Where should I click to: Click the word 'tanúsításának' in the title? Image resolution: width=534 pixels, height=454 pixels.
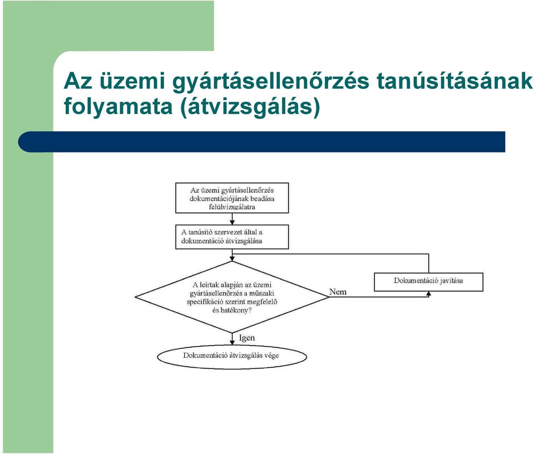click(454, 81)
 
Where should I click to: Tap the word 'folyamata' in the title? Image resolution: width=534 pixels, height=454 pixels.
click(118, 107)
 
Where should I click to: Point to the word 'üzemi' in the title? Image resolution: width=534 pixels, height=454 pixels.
click(132, 81)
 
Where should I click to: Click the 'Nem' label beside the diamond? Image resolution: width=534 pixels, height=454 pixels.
click(338, 292)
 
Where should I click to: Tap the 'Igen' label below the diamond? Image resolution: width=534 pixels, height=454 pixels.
click(247, 338)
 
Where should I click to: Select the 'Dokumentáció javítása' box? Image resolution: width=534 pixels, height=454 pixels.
click(428, 282)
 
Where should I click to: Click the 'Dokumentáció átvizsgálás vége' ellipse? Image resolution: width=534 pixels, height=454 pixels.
click(232, 357)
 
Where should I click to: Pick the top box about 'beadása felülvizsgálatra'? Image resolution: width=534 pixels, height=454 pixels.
click(232, 198)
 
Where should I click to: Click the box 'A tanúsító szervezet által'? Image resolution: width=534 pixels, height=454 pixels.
click(232, 236)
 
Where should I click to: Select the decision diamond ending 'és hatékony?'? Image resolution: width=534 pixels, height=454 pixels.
click(232, 297)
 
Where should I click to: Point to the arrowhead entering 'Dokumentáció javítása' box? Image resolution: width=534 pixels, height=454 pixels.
click(428, 294)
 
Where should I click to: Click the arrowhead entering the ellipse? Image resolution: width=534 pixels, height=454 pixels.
click(232, 343)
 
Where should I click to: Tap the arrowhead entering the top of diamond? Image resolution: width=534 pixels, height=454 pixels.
click(232, 259)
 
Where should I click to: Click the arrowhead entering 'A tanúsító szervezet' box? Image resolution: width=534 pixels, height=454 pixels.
click(232, 222)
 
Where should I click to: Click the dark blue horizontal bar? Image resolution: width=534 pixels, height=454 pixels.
click(261, 142)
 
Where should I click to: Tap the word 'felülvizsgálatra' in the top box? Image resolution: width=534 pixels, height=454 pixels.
click(232, 207)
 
